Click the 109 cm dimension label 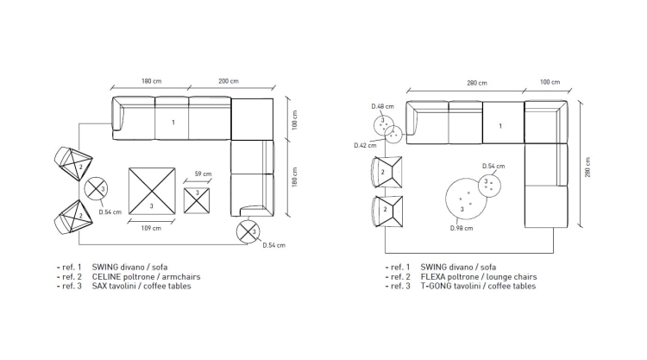tap(151, 228)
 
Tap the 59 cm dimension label tap(203, 174)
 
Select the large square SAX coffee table tap(152, 191)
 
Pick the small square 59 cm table tap(197, 200)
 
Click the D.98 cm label tap(462, 228)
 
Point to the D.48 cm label tap(382, 106)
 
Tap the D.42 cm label tap(365, 145)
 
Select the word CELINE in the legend tap(106, 277)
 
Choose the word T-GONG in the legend tap(436, 286)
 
